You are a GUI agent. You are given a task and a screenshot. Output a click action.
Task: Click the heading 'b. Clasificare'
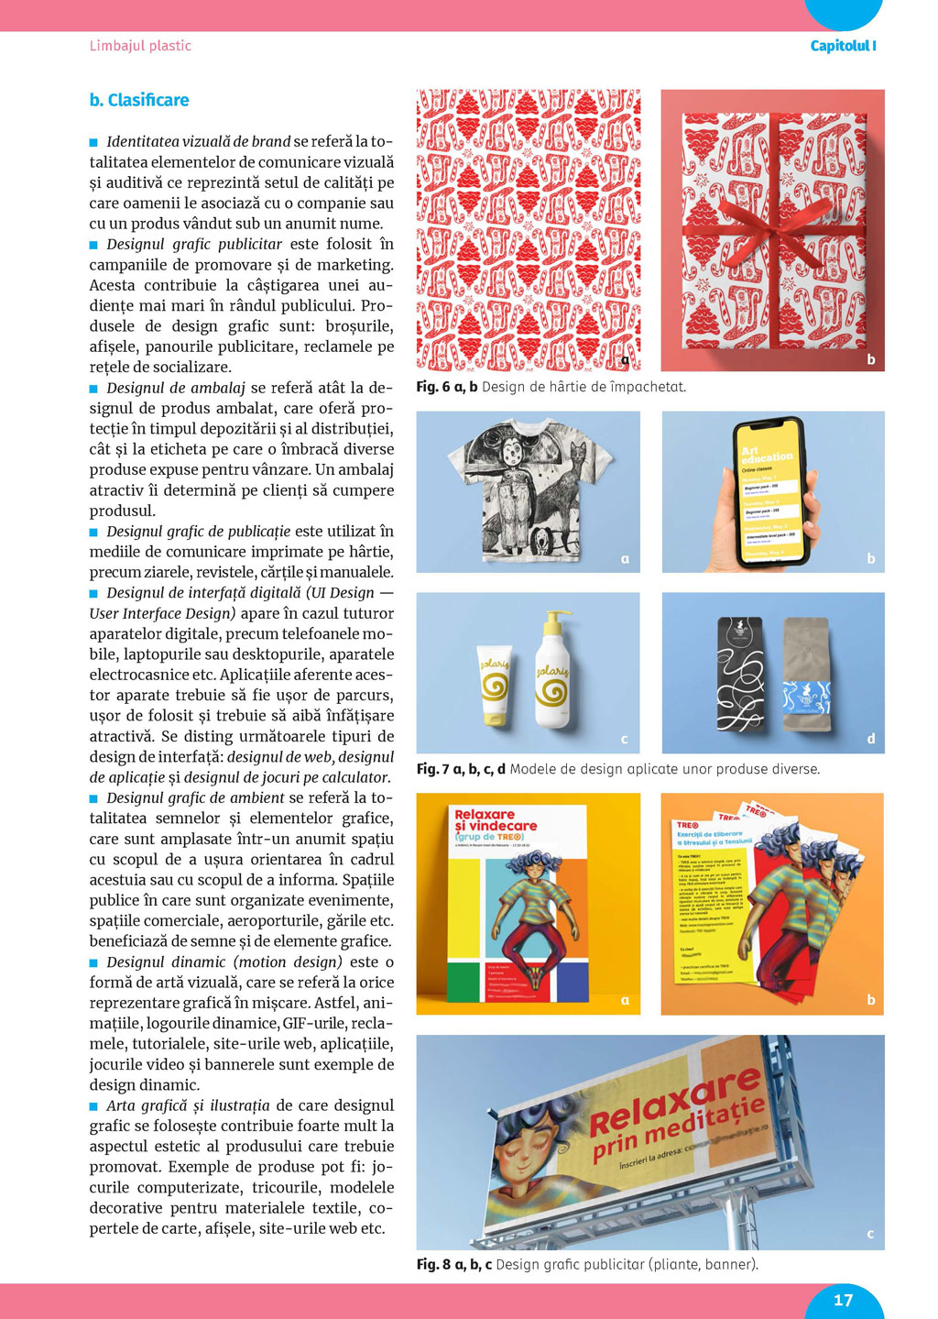point(139,100)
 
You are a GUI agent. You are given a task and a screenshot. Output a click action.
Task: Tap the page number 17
point(843,1300)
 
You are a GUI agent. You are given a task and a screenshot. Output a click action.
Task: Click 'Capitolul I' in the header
point(843,46)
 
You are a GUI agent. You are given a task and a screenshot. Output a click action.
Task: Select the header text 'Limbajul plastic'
point(140,46)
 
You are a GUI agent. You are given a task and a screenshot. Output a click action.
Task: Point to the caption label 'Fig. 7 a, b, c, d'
point(461,769)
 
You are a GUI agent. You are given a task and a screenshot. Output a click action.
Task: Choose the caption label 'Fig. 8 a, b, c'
point(454,1265)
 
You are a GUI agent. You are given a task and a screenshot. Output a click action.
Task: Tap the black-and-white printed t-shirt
point(530,490)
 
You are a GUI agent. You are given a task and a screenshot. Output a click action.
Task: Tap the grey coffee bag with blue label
point(806,674)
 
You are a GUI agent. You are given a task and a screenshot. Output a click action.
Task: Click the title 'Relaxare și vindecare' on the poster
point(496,819)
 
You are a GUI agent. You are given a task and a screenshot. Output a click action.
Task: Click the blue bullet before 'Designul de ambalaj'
point(93,389)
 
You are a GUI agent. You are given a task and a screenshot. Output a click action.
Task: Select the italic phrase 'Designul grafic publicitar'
point(194,245)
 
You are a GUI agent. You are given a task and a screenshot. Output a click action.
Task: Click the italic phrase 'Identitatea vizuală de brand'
point(198,142)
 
